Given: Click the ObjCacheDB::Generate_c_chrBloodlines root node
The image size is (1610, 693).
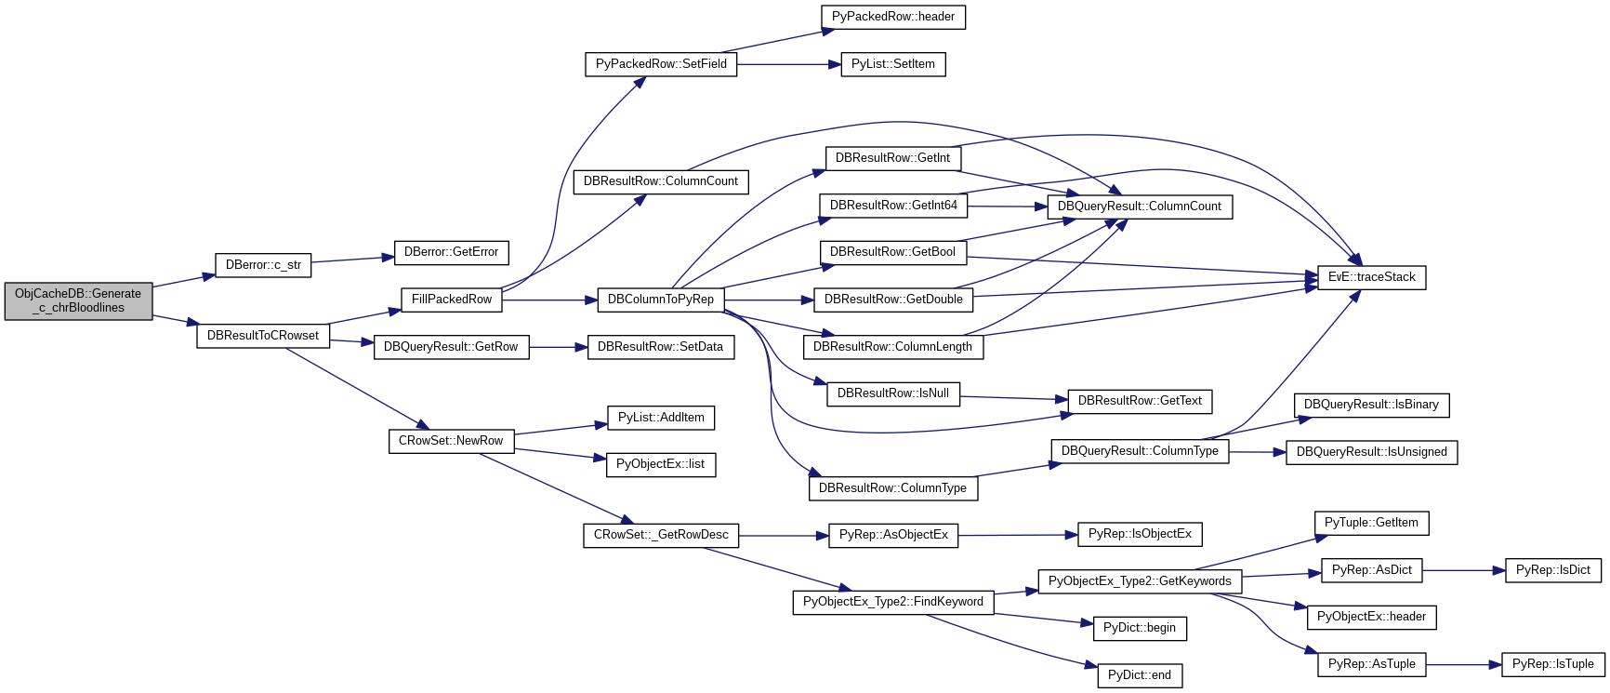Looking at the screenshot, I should (x=78, y=300).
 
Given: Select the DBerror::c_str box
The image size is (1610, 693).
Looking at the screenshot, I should (x=263, y=265).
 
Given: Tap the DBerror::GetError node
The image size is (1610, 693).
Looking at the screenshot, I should (x=451, y=252).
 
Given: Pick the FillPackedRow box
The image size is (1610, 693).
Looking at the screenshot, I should (x=451, y=300).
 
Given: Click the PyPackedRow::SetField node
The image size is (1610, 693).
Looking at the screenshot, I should (x=661, y=64).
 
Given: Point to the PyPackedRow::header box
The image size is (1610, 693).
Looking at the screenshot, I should (x=892, y=17).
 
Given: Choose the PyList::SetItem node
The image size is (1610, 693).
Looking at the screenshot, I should (x=892, y=64).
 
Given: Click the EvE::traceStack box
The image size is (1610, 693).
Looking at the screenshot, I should (x=1371, y=277).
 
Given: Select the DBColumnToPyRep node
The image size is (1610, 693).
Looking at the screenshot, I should (x=660, y=300).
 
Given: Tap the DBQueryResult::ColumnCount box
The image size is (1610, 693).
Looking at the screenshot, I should (x=1139, y=207).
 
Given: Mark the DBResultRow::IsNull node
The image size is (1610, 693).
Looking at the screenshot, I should (x=892, y=393).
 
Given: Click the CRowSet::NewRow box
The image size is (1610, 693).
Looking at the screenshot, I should (x=451, y=441).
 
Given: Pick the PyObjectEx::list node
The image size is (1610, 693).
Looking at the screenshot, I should (x=660, y=464).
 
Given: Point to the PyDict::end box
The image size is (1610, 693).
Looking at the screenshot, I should (x=1139, y=675).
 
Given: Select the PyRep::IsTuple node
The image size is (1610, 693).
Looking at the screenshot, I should (x=1552, y=664).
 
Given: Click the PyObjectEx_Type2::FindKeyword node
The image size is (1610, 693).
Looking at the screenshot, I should (x=892, y=602).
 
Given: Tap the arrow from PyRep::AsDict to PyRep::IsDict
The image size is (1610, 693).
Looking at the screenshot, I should (x=1464, y=570).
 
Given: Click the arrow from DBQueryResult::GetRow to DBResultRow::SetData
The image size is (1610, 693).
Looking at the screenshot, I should (x=559, y=347).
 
